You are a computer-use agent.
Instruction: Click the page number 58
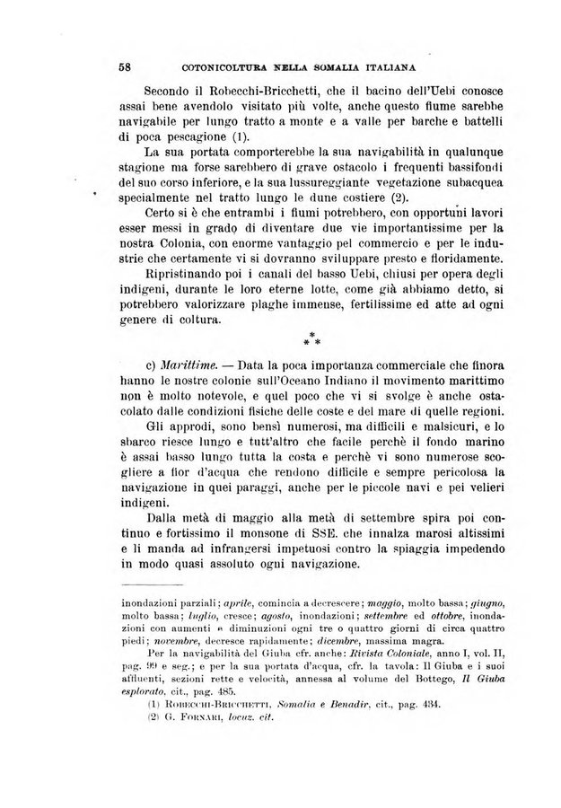point(125,66)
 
